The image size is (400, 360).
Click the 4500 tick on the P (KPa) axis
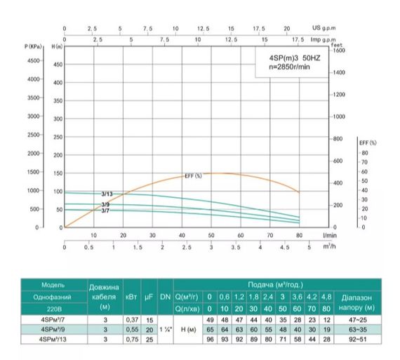point(33,60)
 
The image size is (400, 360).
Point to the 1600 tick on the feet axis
point(340,51)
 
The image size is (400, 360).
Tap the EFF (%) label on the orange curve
point(193,175)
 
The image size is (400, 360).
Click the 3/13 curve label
point(107,193)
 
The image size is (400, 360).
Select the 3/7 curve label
point(105,211)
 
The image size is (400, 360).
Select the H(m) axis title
point(58,46)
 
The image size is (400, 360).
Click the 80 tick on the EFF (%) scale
point(364,152)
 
